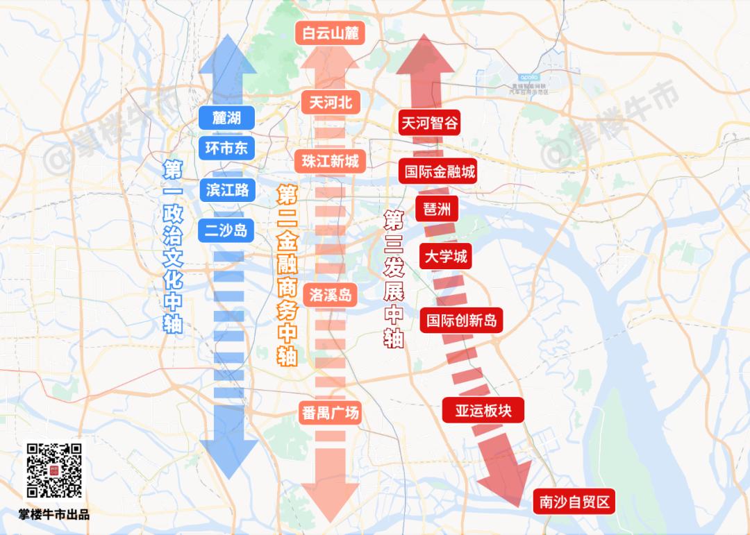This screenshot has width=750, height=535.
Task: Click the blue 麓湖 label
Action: tap(226, 117)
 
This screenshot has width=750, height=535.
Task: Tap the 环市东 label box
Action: tap(226, 147)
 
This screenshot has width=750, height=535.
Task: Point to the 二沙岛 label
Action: tap(226, 230)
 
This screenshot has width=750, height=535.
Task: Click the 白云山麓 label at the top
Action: tap(331, 33)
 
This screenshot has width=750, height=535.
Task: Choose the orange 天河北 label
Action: tap(331, 103)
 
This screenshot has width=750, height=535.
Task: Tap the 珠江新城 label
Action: tap(331, 162)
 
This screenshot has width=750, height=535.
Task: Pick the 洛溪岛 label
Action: tap(331, 296)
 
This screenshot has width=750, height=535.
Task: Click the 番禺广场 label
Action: tap(331, 413)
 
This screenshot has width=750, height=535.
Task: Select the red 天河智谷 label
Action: tap(430, 123)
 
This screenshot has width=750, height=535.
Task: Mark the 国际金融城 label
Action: tap(440, 171)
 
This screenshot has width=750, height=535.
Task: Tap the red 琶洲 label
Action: tap(436, 209)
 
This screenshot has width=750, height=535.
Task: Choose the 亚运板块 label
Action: tap(483, 410)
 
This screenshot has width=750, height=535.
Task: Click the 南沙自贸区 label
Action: tap(574, 502)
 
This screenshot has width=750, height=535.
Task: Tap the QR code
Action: tap(54, 470)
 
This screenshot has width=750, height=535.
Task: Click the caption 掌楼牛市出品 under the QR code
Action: tap(54, 515)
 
